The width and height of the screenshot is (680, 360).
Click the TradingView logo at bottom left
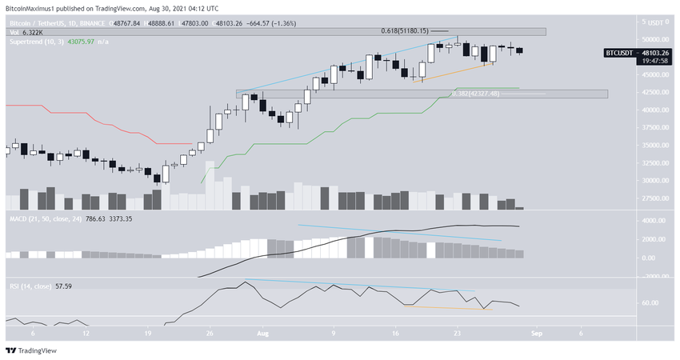point(31,350)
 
